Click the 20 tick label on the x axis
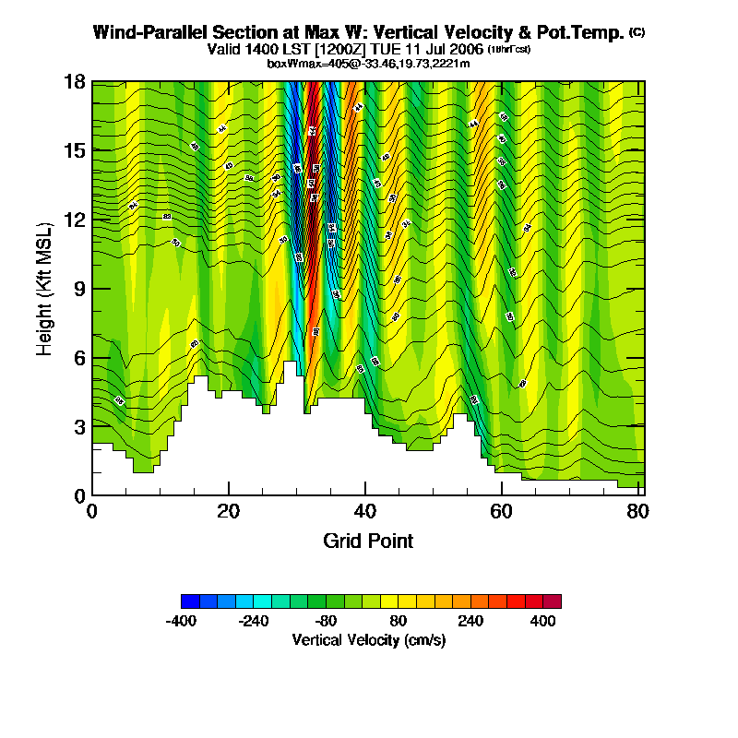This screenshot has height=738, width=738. point(228,511)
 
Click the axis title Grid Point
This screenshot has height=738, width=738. point(368,541)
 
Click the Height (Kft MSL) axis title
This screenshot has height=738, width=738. point(45,289)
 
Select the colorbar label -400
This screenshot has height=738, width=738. point(181,622)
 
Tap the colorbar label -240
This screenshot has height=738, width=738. point(254,622)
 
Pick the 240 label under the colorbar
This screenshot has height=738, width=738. point(471,622)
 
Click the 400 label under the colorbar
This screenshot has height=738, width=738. point(543,622)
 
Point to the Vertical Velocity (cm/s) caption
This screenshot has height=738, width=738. point(368,640)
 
